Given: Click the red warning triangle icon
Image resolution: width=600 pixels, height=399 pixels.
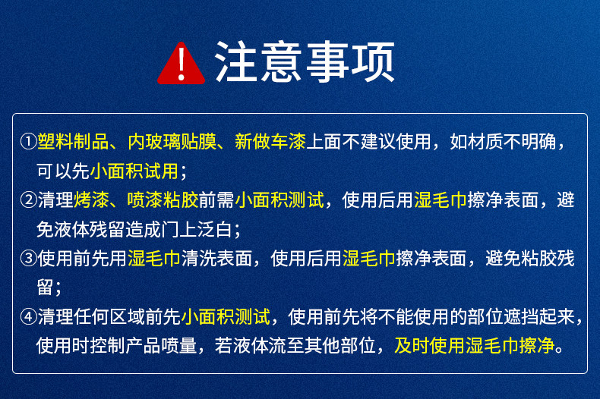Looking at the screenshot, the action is pyautogui.click(x=181, y=64).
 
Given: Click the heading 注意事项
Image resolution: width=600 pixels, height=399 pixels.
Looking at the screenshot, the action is pyautogui.click(x=305, y=62).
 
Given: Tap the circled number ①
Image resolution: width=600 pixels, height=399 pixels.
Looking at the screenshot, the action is pyautogui.click(x=28, y=142).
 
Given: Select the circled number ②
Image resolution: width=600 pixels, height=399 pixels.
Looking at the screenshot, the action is pyautogui.click(x=28, y=200).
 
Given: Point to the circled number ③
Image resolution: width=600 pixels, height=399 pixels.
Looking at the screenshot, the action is pyautogui.click(x=28, y=259).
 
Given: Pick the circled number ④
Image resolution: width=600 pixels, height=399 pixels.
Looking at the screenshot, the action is pyautogui.click(x=28, y=317).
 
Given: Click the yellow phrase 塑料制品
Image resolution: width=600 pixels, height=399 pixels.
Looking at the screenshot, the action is pyautogui.click(x=73, y=142).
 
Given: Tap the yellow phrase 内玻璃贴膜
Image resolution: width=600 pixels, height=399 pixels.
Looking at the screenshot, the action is pyautogui.click(x=171, y=142).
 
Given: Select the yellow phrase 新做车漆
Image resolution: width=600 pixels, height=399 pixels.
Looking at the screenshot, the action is pyautogui.click(x=270, y=142).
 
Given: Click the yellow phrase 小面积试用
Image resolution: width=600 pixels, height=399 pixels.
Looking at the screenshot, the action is pyautogui.click(x=134, y=171).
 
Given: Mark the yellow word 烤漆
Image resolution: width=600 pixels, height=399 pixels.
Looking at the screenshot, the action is pyautogui.click(x=90, y=200).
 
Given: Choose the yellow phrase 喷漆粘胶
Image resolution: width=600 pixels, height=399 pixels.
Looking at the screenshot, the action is pyautogui.click(x=163, y=200).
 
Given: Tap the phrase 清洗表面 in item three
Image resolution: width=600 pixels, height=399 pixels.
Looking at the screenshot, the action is pyautogui.click(x=216, y=259).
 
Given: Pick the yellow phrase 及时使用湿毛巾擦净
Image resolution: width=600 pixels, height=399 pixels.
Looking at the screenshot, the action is pyautogui.click(x=475, y=346).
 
